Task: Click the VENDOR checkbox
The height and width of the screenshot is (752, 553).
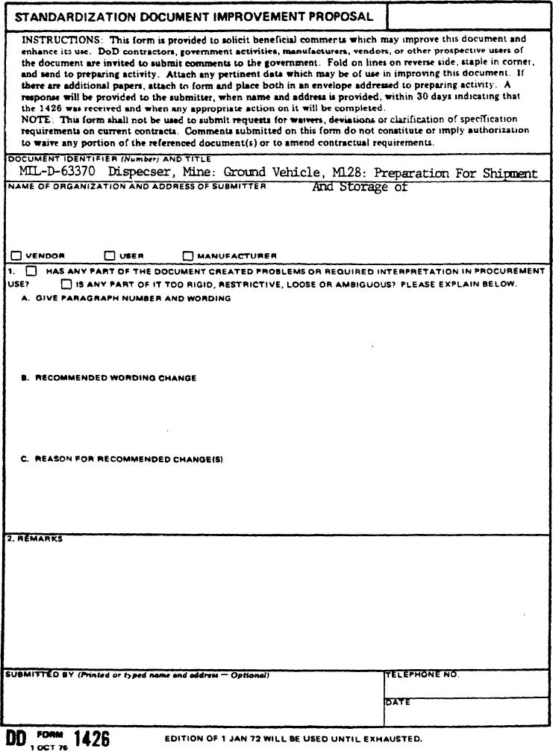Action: pos(17,255)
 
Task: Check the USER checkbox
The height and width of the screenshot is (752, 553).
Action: pos(110,255)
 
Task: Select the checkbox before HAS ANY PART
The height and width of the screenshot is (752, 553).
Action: pos(31,272)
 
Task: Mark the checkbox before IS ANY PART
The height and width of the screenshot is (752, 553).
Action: pos(67,285)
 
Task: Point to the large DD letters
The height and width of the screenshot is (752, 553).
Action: pos(16,738)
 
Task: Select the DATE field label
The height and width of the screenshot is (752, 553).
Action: pos(398,702)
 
